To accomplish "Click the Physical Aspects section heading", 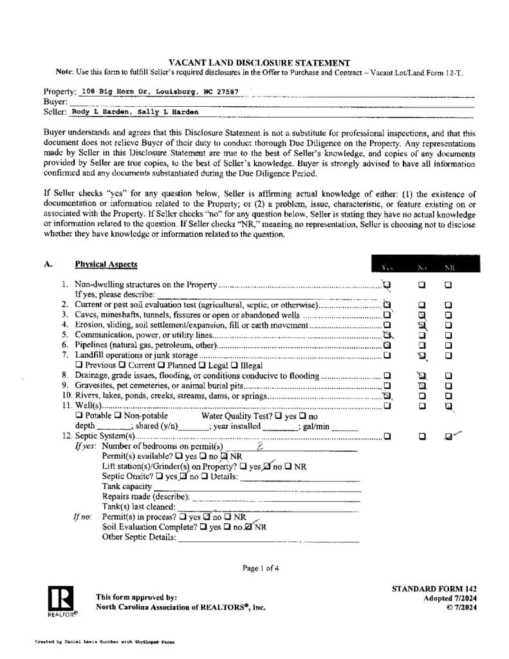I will click(106, 265).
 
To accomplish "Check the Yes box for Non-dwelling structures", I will click(387, 284).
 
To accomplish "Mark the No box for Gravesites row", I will click(422, 385).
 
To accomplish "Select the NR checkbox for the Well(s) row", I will click(448, 405).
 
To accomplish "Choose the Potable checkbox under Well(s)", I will click(80, 416).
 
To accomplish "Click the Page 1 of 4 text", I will click(261, 568).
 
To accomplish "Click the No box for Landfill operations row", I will click(422, 355).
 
